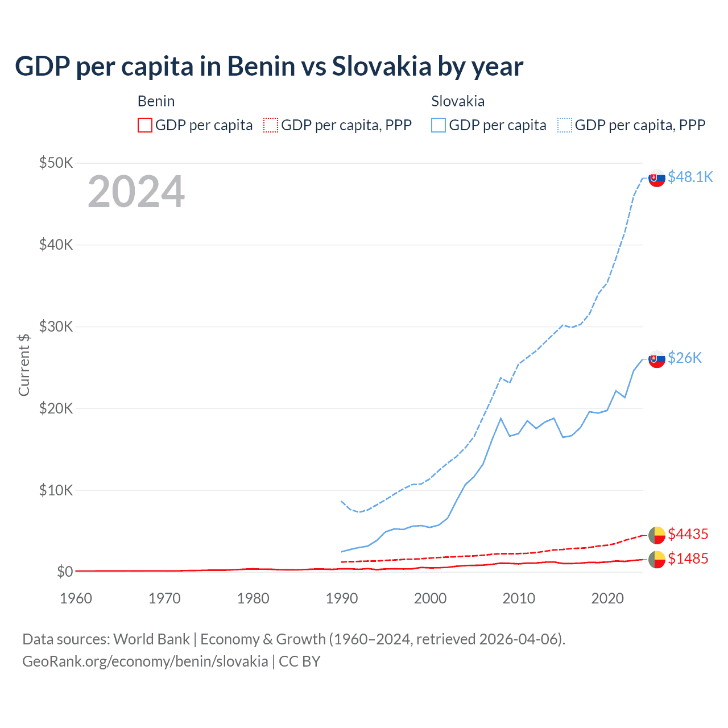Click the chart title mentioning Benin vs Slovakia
click(268, 67)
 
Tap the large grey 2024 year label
click(136, 192)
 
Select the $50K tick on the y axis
click(56, 163)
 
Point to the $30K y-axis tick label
click(56, 326)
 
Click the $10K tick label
click(56, 490)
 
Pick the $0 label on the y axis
click(65, 572)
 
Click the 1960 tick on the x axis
click(76, 598)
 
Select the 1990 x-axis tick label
click(342, 598)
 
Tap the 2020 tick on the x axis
click(607, 598)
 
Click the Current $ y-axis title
click(24, 365)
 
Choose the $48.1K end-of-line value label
click(690, 177)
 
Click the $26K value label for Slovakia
click(685, 358)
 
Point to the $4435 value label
click(688, 534)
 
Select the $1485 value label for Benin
click(688, 559)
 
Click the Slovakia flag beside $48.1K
click(657, 178)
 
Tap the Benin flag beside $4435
click(657, 535)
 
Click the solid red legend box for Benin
click(145, 125)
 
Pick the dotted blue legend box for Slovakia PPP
click(565, 125)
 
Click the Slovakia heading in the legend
click(458, 101)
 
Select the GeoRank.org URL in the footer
click(145, 661)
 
